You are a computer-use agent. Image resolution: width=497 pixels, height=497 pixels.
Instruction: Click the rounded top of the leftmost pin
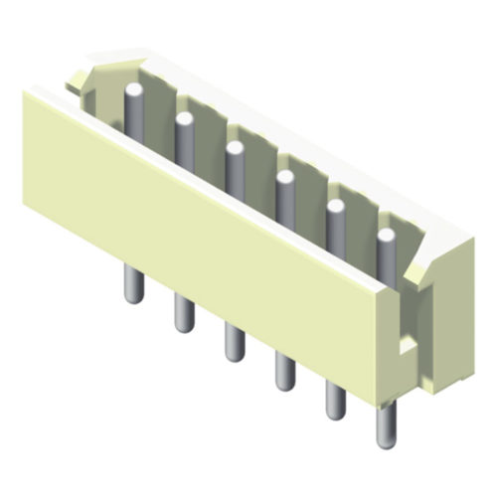pyautogui.click(x=134, y=90)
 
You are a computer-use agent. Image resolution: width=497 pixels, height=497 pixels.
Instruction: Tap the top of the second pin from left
pyautogui.click(x=184, y=120)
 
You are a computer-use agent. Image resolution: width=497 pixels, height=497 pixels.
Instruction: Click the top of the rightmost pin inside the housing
pyautogui.click(x=386, y=237)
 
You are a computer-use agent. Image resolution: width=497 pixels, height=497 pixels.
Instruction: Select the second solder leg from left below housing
pyautogui.click(x=184, y=312)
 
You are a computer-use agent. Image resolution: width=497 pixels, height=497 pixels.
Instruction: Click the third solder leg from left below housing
pyautogui.click(x=235, y=341)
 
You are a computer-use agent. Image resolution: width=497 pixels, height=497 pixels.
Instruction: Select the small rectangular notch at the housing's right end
pyautogui.click(x=406, y=346)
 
